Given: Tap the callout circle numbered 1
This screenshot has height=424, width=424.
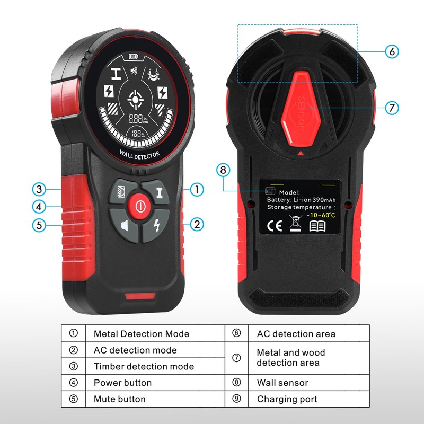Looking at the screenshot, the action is click(x=197, y=189).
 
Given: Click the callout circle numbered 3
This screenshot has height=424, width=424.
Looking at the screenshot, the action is click(x=39, y=189).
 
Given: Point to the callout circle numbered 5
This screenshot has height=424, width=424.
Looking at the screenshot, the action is click(x=39, y=225).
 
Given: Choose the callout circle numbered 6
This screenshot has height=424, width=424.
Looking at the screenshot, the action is click(x=391, y=51).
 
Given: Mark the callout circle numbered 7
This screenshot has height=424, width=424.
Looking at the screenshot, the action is click(x=391, y=108).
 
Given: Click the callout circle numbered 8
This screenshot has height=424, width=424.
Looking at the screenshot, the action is click(x=223, y=170).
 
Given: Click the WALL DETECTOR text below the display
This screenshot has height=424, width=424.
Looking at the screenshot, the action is click(x=139, y=154).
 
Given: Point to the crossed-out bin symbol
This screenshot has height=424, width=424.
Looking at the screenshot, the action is click(x=295, y=224).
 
